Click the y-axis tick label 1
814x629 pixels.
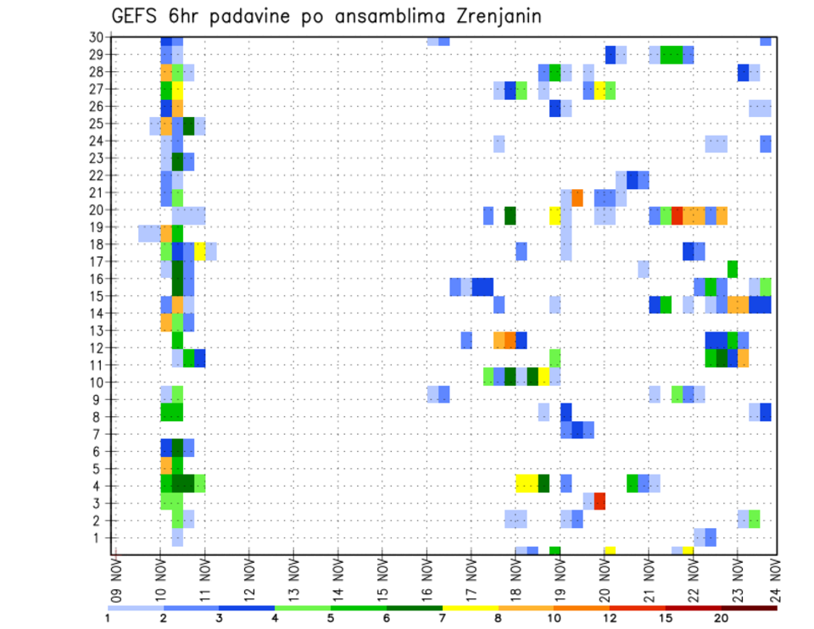100,537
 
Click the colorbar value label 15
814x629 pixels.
666,618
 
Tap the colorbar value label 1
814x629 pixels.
108,618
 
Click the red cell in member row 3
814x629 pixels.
599,501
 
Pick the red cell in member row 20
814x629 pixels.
677,215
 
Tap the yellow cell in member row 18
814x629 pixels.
200,251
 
